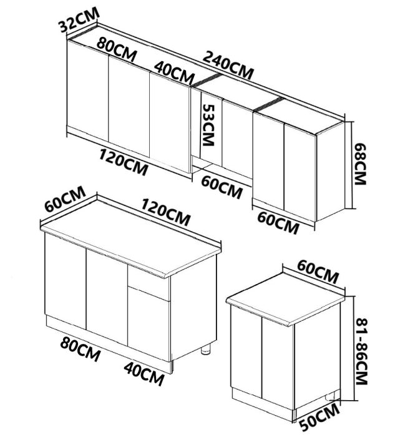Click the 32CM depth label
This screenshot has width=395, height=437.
pyautogui.click(x=77, y=25)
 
